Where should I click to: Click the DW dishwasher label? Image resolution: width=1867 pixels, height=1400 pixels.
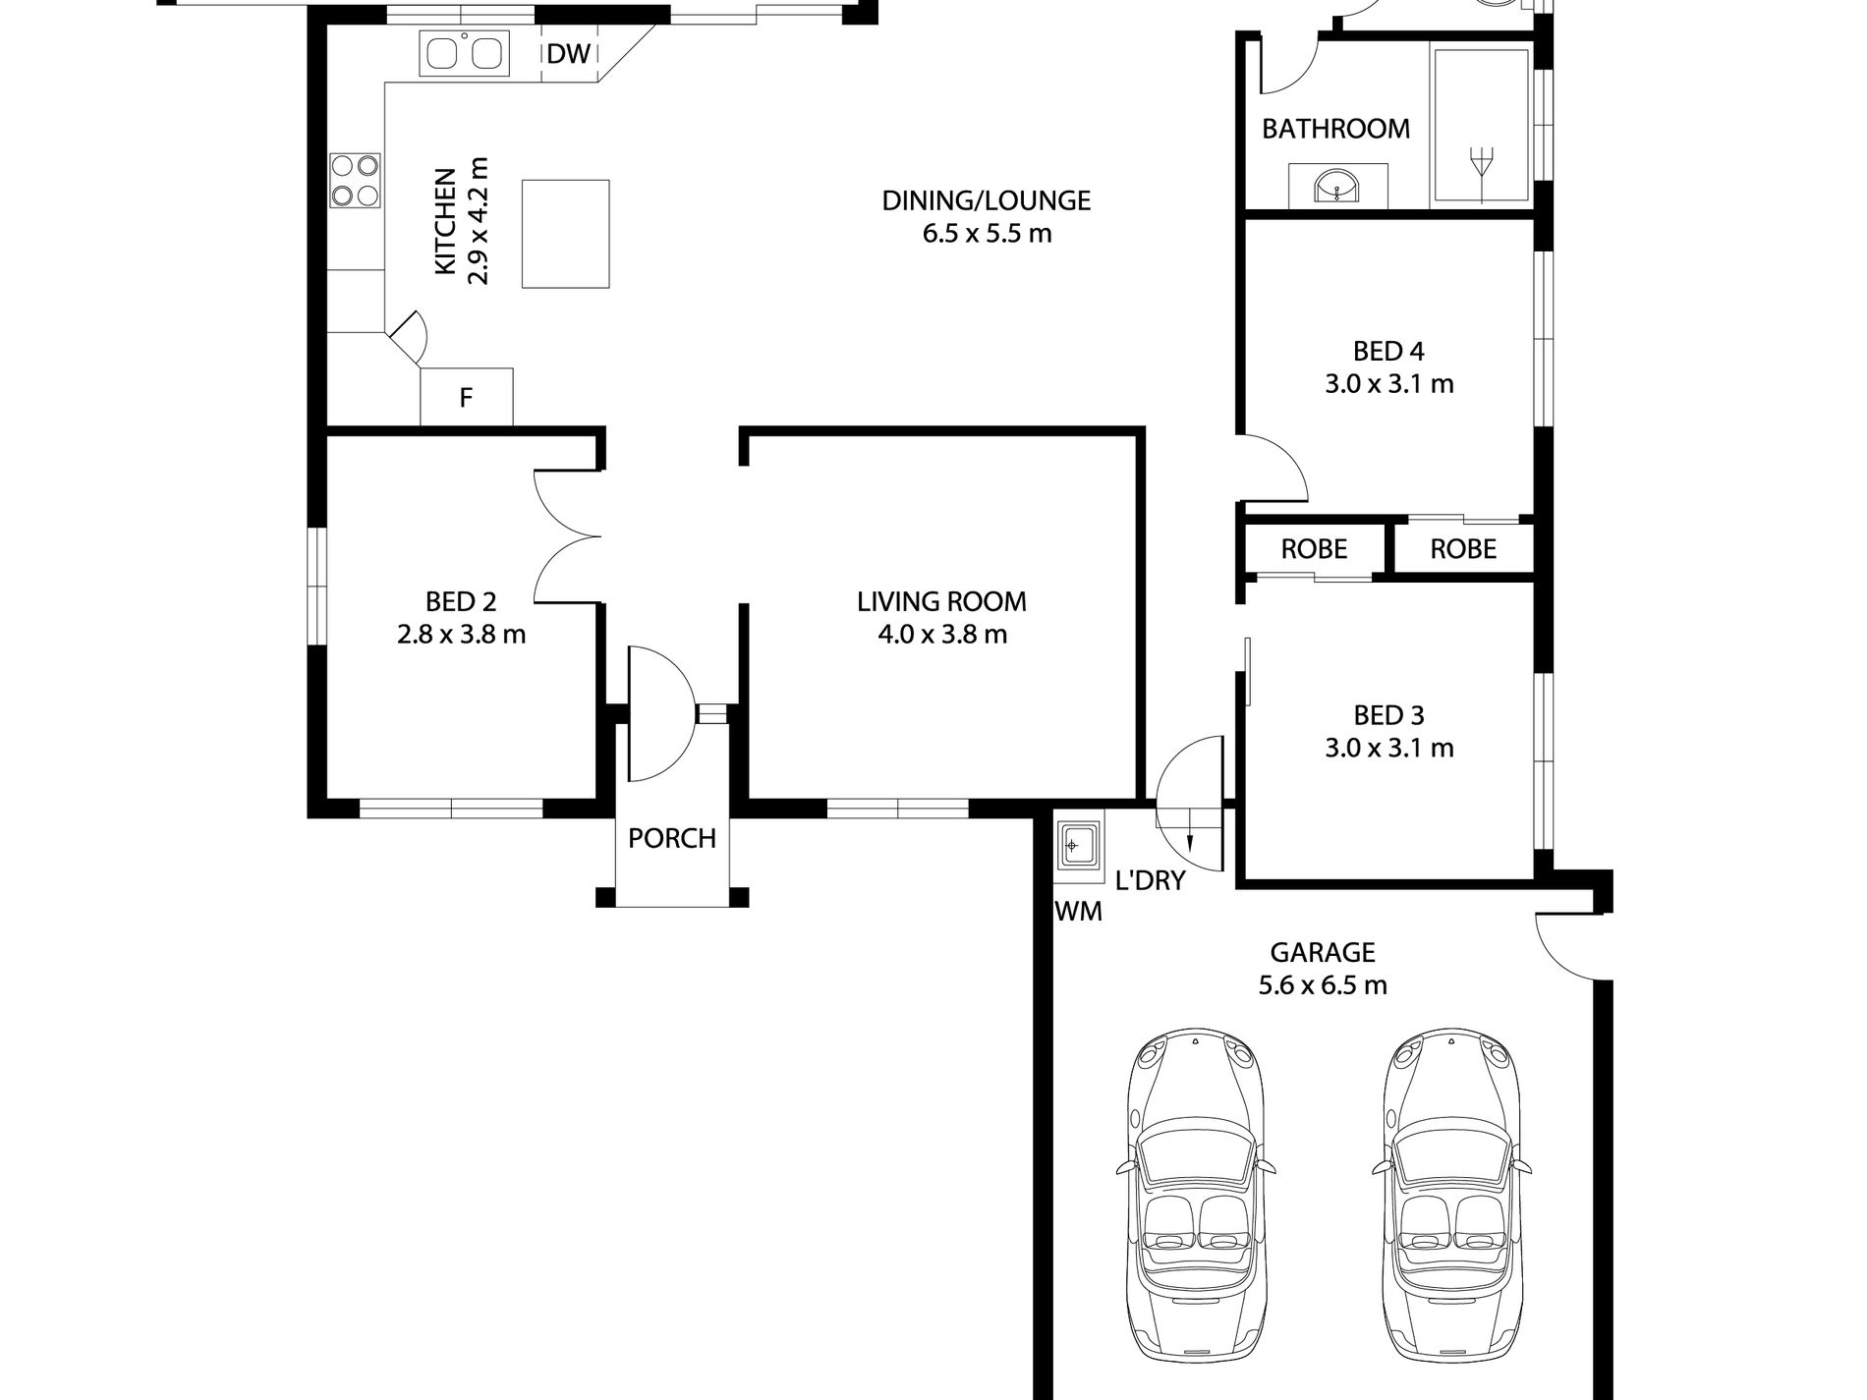coord(569,53)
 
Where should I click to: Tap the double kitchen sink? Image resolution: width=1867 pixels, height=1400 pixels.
coord(464,53)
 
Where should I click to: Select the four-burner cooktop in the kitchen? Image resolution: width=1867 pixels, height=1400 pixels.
coord(355,181)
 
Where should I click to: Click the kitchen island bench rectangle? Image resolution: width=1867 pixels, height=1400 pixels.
coord(565,233)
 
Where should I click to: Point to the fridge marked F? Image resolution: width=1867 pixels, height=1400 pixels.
coord(467,397)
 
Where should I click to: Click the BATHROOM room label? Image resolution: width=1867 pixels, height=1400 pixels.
coord(1335,129)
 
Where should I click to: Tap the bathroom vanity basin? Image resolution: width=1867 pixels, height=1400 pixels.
coord(1337,187)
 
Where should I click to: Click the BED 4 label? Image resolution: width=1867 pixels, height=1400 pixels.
coord(1388,351)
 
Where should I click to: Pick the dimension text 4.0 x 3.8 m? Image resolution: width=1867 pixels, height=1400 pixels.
coord(942,635)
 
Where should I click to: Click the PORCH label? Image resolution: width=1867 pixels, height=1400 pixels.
coord(672,838)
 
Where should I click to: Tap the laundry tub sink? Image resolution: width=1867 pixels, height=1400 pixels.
coord(1079,844)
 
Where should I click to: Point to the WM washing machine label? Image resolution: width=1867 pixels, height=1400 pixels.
coord(1078,912)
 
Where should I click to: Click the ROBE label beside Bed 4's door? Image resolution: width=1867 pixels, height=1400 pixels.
coord(1314,549)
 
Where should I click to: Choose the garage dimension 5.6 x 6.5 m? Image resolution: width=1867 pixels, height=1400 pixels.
coord(1323,984)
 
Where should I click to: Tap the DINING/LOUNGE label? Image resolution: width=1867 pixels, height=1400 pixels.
coord(987,200)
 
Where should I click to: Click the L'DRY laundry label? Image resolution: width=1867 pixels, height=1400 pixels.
coord(1151,880)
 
